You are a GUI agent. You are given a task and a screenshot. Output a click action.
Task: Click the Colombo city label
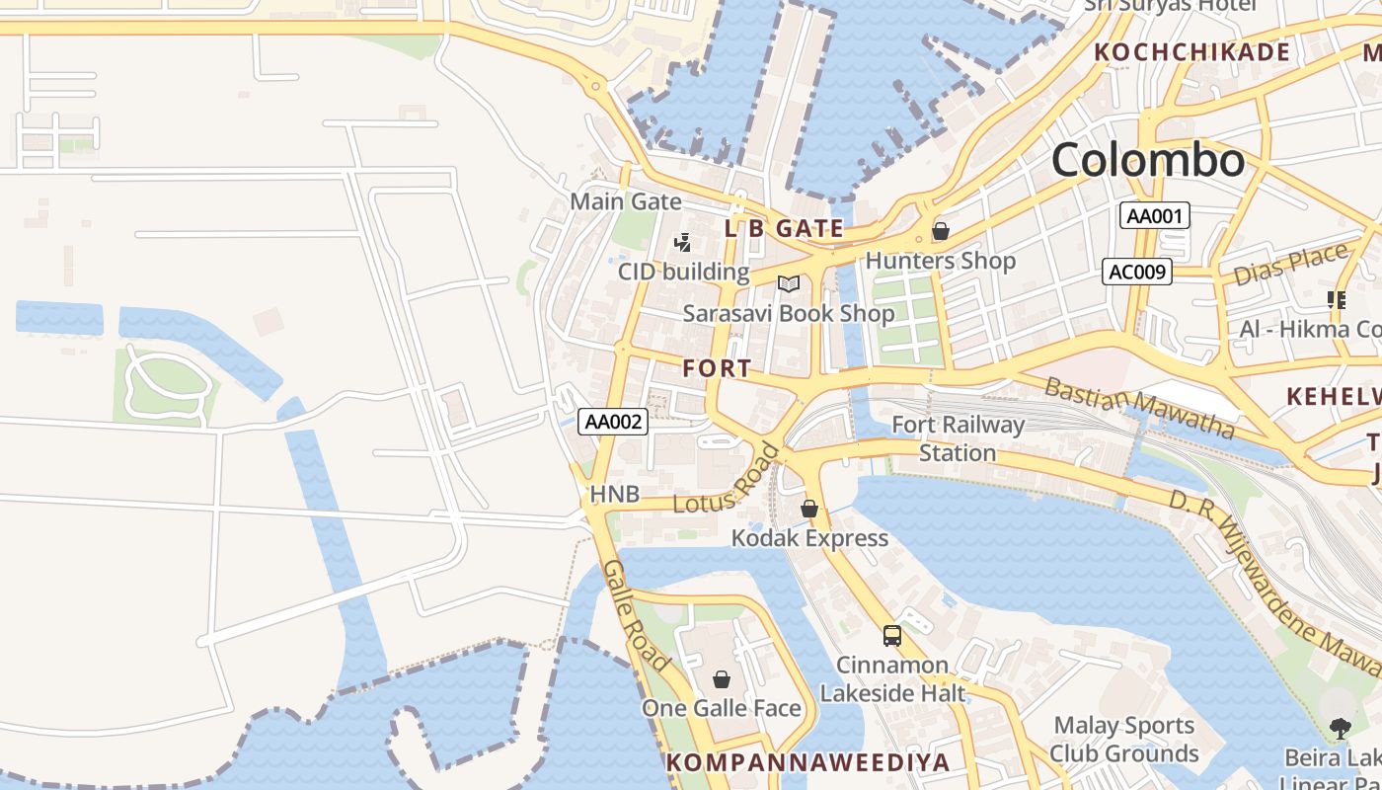(1147, 160)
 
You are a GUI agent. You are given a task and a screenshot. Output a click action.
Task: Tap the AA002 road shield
(613, 423)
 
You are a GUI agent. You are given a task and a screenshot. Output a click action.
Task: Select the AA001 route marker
(1154, 215)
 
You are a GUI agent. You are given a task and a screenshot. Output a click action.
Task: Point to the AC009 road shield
(1137, 272)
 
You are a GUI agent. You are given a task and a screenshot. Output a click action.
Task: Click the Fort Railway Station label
(958, 438)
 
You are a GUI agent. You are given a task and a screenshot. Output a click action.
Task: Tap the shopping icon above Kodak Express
(809, 509)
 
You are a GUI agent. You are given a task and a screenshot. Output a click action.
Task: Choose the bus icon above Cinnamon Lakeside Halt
(892, 635)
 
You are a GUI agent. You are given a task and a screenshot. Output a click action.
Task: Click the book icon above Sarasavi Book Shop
(788, 284)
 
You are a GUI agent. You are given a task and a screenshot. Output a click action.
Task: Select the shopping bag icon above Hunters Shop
(941, 231)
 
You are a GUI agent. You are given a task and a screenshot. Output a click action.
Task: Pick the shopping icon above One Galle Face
(722, 679)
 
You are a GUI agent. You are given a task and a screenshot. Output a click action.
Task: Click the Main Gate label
(626, 201)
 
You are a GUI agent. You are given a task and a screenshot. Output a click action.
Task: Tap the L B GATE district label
(785, 229)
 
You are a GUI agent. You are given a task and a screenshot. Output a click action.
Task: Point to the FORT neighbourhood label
(717, 368)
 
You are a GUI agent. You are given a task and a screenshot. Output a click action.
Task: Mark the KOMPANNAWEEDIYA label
(807, 762)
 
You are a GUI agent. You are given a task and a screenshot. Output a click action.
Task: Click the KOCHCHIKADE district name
(1192, 52)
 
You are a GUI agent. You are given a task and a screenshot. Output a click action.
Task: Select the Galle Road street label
(637, 615)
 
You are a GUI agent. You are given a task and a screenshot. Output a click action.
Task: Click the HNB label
(614, 494)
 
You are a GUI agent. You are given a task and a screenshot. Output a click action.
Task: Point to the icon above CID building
(682, 242)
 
